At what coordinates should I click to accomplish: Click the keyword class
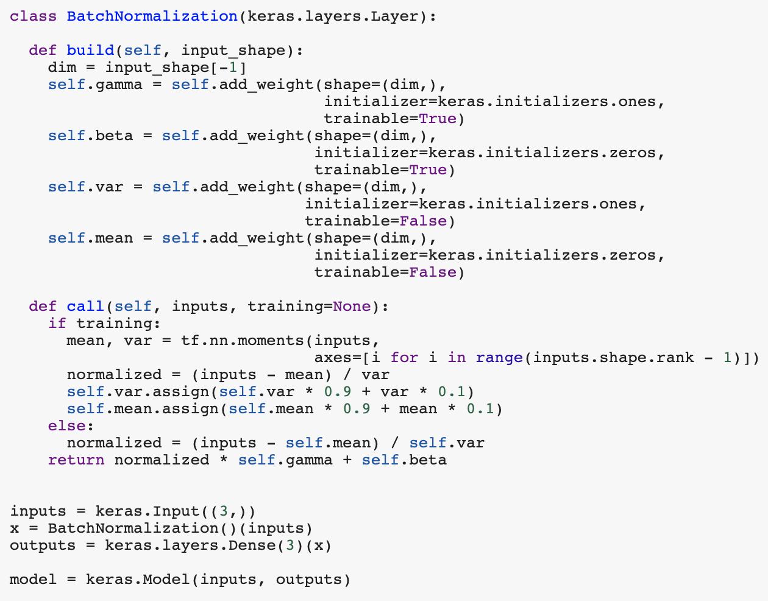pyautogui.click(x=33, y=16)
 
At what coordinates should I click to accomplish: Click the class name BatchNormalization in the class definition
pyautogui.click(x=152, y=16)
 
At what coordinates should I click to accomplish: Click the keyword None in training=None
pyautogui.click(x=352, y=307)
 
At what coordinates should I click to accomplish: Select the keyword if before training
pyautogui.click(x=57, y=324)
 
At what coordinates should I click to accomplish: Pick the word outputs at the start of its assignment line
pyautogui.click(x=43, y=546)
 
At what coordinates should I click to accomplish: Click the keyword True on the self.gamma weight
pyautogui.click(x=437, y=119)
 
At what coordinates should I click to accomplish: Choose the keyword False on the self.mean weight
pyautogui.click(x=432, y=272)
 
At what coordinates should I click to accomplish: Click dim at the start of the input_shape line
pyautogui.click(x=62, y=68)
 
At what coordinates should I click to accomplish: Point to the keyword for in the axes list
pyautogui.click(x=404, y=358)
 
